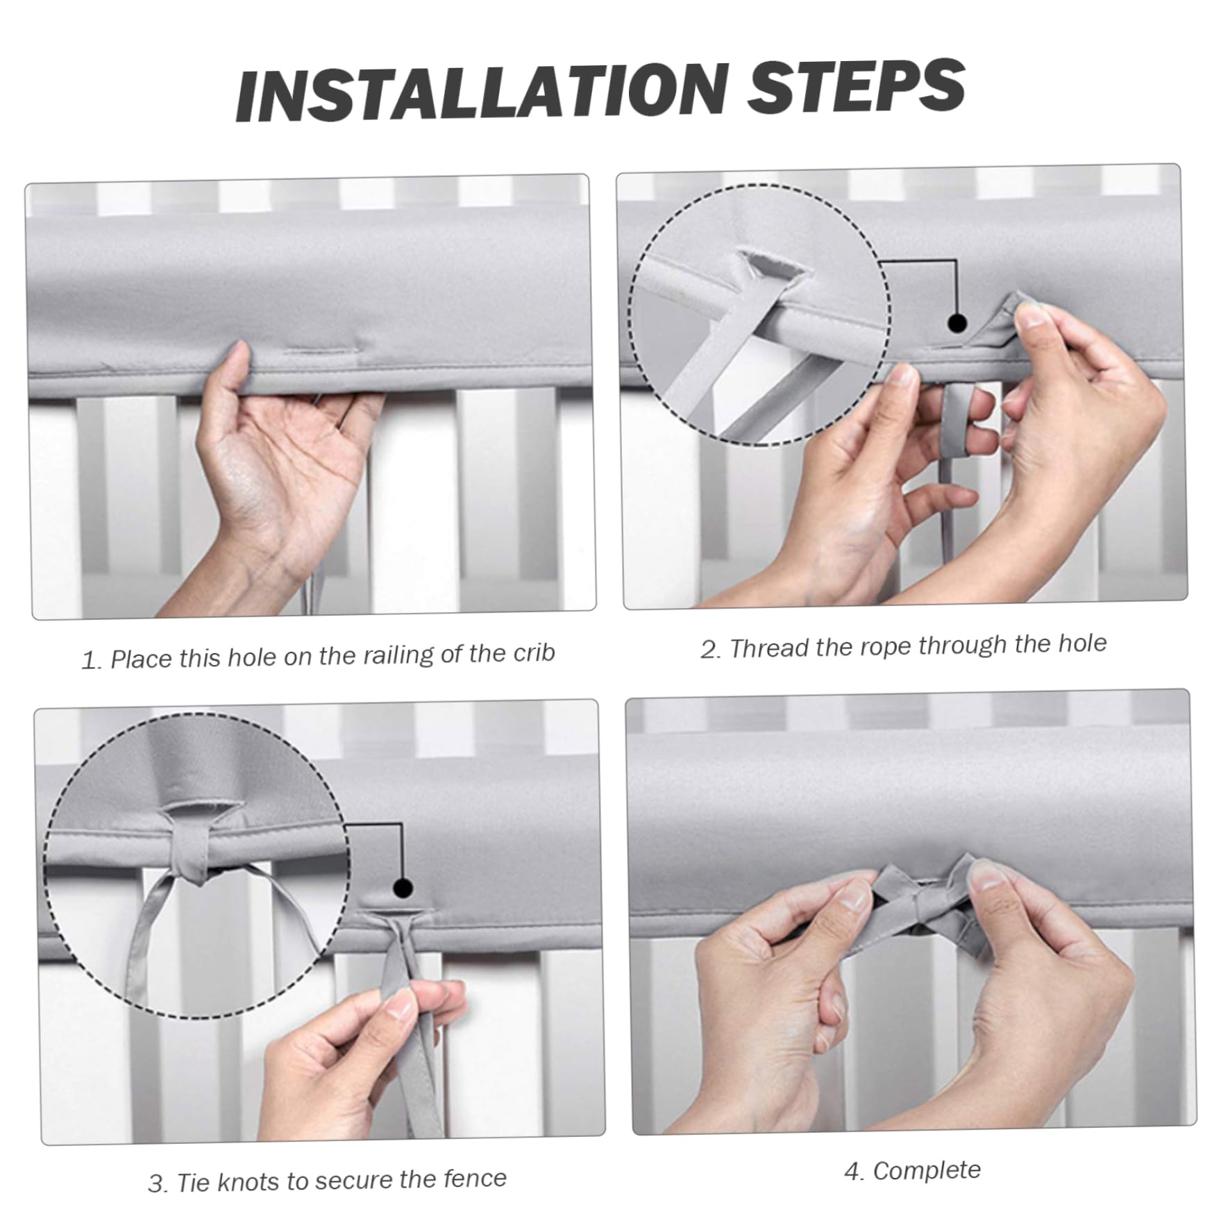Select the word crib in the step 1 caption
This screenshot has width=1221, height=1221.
(x=534, y=652)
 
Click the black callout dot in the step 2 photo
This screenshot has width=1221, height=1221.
(x=957, y=323)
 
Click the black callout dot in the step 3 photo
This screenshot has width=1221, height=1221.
(x=403, y=888)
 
